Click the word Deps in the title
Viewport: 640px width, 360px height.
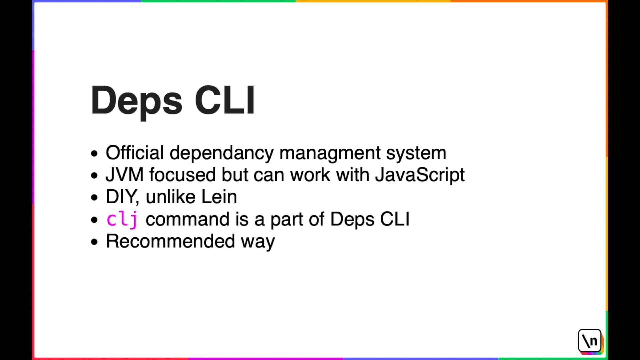(136, 101)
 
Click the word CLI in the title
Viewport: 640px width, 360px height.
(225, 101)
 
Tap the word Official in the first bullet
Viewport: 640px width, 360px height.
(135, 153)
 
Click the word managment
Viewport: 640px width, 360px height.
(330, 153)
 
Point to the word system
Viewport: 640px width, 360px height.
(416, 153)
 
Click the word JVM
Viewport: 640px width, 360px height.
(125, 175)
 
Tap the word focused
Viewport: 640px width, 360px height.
(182, 175)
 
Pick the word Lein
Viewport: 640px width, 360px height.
(219, 197)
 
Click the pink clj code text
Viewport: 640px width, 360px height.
(122, 220)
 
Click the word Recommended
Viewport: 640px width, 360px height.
(170, 241)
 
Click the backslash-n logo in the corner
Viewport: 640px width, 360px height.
(590, 341)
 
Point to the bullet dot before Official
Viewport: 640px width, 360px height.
(94, 154)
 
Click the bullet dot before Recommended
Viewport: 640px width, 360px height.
(94, 242)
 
